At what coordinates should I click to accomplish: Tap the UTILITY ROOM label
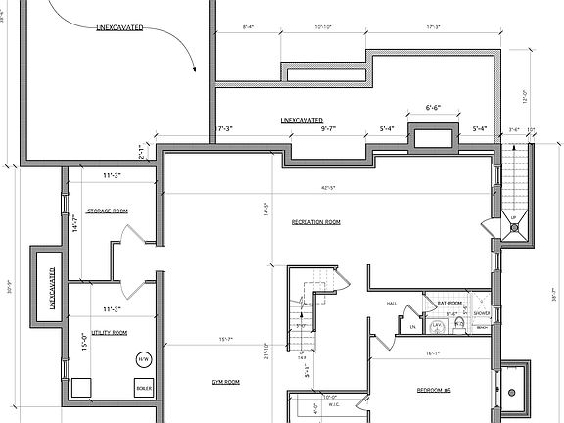pos(107,333)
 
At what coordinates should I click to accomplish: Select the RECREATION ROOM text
pos(315,223)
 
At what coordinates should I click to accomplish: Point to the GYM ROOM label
pos(226,381)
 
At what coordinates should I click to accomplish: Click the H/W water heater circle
pos(143,358)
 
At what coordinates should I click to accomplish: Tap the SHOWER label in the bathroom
pos(482,314)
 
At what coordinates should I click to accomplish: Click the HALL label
pos(392,304)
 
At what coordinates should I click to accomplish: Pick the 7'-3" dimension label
pos(224,128)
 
